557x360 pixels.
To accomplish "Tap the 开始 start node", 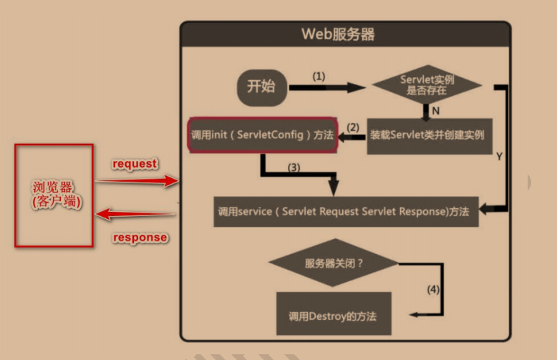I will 261,87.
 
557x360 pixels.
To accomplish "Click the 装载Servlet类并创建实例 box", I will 427,135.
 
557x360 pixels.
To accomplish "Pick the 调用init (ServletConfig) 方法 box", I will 262,135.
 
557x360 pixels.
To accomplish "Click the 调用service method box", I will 346,211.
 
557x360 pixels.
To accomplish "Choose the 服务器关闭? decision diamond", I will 334,263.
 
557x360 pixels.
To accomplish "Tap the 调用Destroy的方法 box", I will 334,314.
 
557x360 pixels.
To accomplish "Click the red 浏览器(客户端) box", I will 54,195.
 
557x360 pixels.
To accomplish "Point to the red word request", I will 135,163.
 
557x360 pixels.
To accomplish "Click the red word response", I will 140,237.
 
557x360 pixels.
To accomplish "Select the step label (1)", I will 319,75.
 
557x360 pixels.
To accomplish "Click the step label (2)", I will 352,127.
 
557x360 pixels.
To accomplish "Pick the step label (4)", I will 433,290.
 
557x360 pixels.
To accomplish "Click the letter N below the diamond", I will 436,111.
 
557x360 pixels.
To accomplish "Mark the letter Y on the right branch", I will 498,155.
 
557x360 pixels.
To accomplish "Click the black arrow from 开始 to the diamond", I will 326,87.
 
